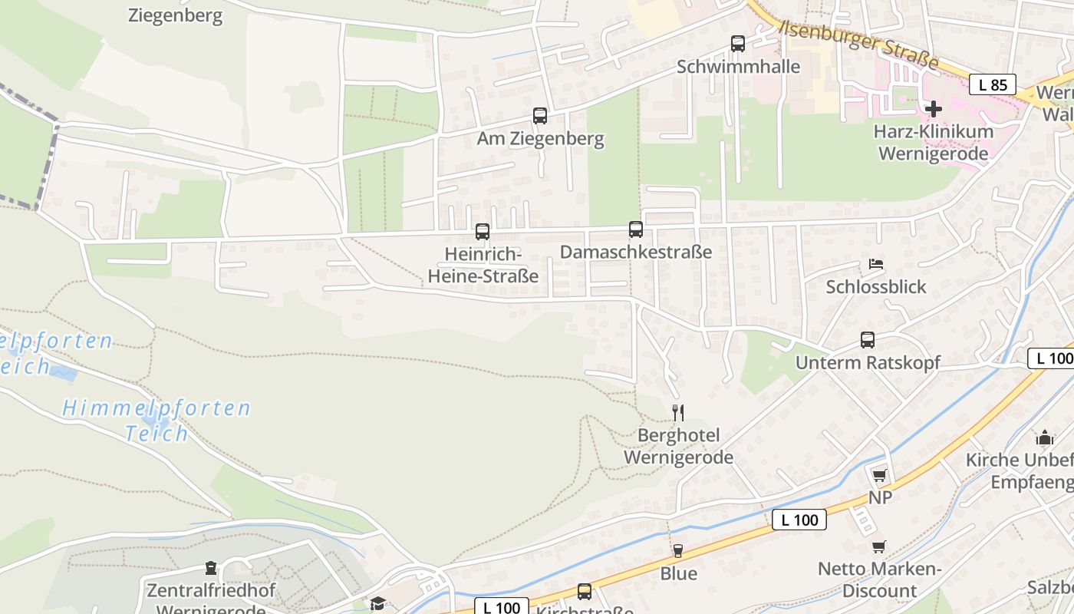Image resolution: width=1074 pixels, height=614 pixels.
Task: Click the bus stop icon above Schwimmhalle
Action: [x=738, y=44]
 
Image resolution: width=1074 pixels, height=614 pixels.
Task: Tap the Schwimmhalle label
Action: [x=738, y=67]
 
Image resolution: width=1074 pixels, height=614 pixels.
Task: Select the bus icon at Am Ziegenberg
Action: [x=540, y=116]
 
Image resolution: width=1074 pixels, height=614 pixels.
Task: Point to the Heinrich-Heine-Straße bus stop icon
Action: [x=483, y=231]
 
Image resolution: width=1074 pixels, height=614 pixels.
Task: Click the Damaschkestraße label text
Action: [x=636, y=252]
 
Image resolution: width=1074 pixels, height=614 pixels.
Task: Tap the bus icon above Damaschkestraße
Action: [x=636, y=229]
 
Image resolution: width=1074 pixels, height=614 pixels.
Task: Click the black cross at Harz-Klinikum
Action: [x=933, y=109]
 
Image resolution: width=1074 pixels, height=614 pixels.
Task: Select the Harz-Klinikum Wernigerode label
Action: [x=933, y=142]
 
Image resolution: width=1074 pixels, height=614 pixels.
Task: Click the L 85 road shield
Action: [x=993, y=84]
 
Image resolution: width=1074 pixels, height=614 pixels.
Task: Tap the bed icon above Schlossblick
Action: [x=876, y=264]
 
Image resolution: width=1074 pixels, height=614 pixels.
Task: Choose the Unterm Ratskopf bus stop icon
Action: [x=868, y=339]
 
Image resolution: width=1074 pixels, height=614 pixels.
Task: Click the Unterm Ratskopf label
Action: [x=868, y=362]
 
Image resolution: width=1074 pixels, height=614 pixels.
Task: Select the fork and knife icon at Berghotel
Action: [x=678, y=413]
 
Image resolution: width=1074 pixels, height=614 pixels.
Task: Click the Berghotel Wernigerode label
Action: [x=678, y=447]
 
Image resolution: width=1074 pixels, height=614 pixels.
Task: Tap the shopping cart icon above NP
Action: [x=879, y=475]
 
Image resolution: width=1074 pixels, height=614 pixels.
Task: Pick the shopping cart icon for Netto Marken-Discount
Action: [x=879, y=547]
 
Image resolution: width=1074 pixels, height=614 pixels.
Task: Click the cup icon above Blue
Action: [x=678, y=550]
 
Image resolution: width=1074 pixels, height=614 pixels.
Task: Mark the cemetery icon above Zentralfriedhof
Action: [x=211, y=569]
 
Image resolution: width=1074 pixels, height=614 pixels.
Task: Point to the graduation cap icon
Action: [x=377, y=603]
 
